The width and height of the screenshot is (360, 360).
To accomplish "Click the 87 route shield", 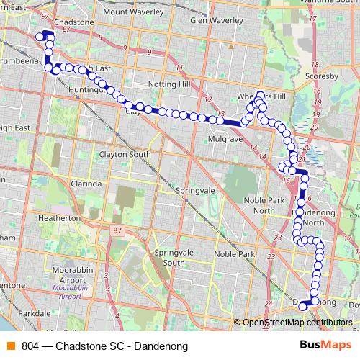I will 116,230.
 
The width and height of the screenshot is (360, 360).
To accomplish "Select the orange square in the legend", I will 9,346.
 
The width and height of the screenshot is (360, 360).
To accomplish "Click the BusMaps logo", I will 326,346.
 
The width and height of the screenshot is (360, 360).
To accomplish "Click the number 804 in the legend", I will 31,346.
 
